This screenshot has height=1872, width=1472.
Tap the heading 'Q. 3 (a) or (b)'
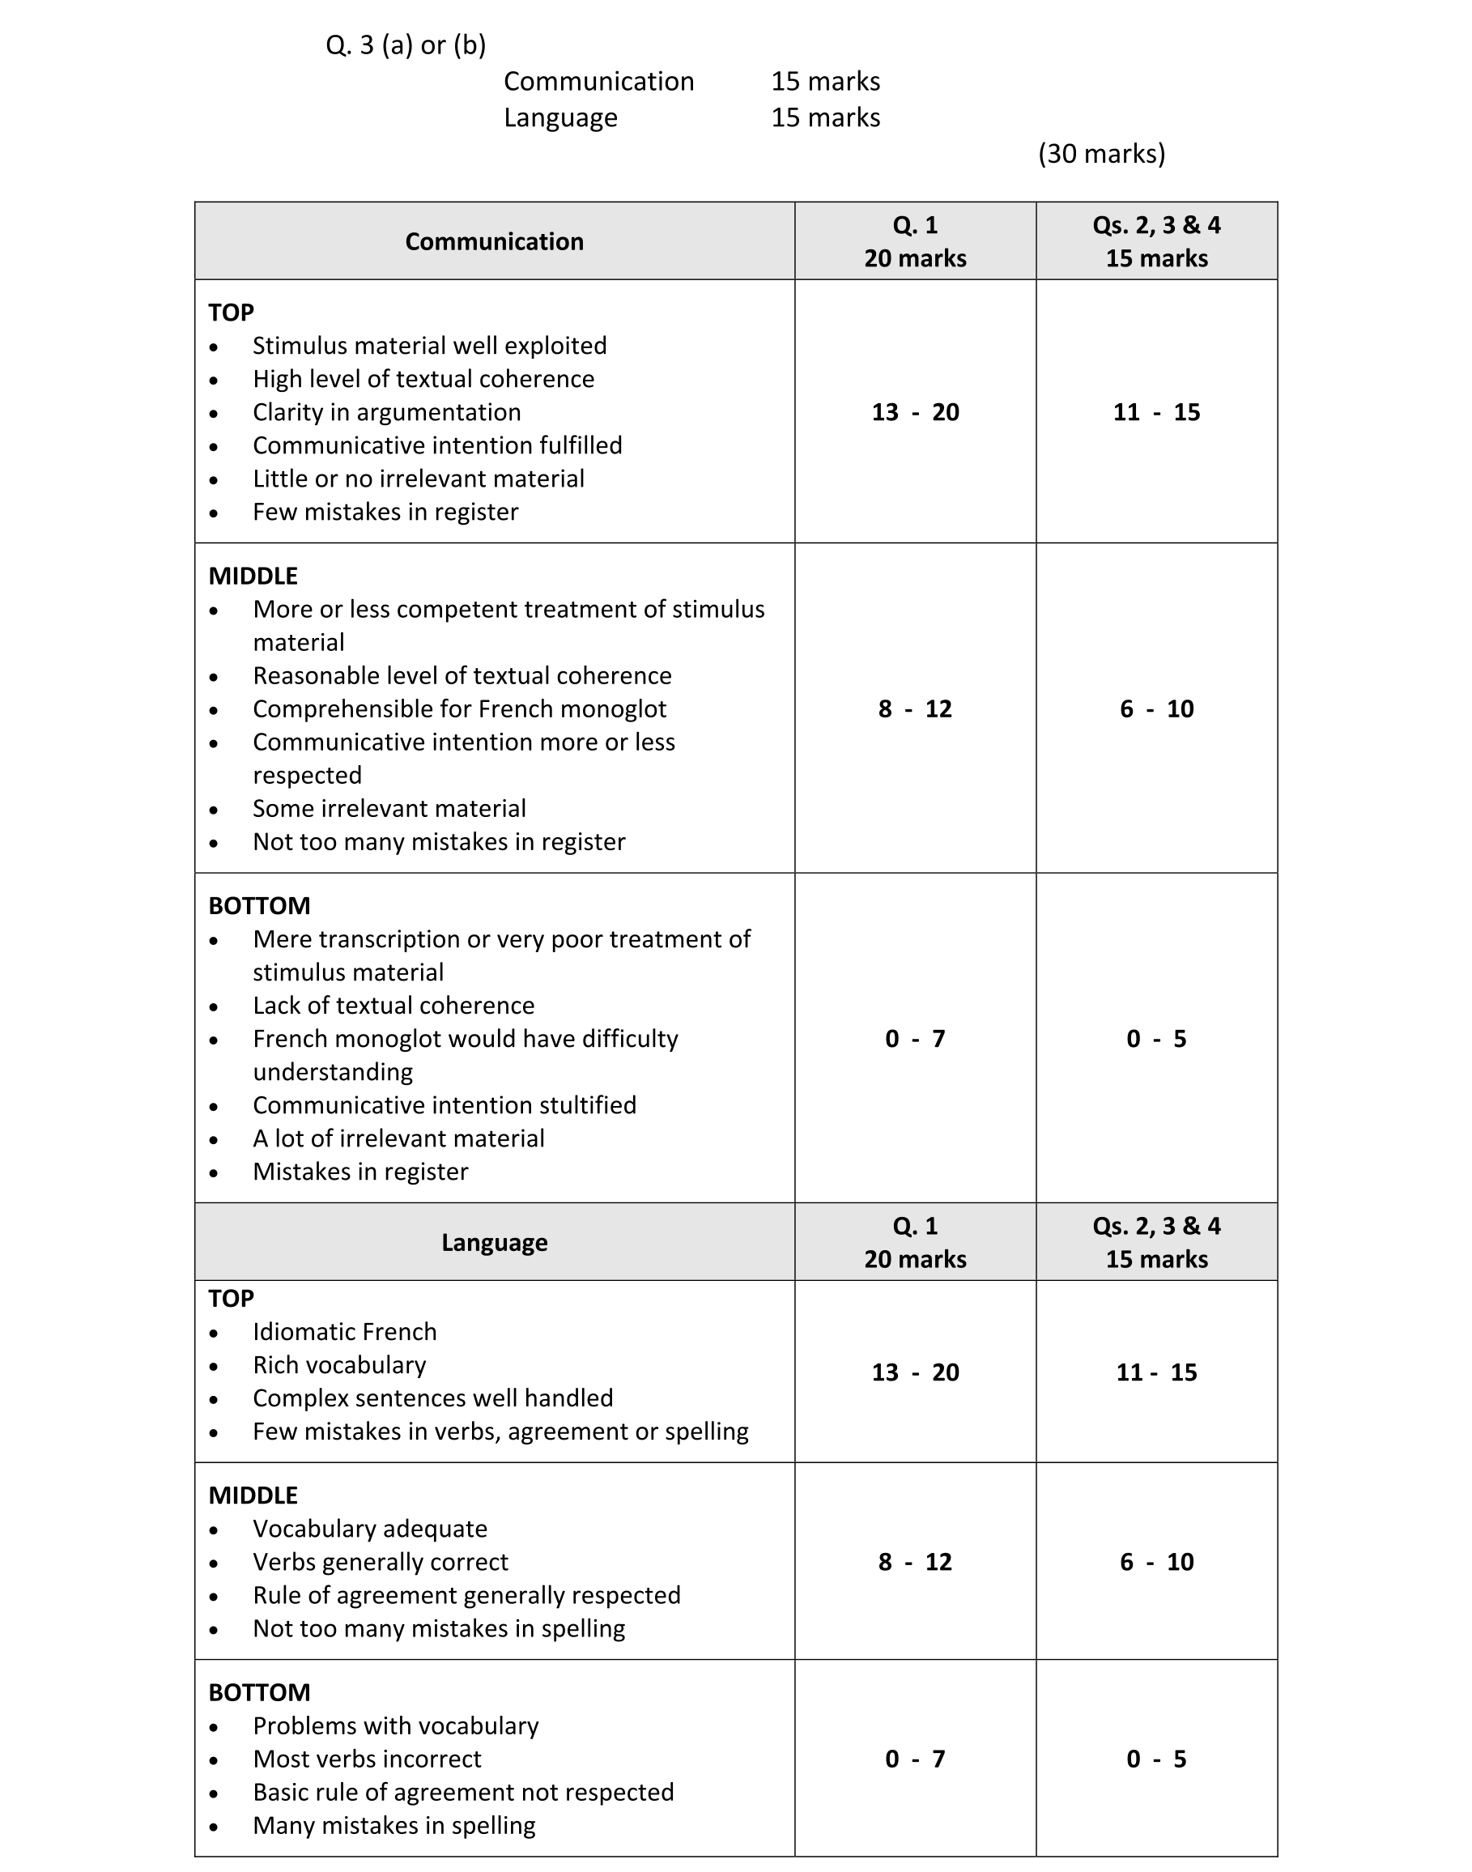(x=405, y=45)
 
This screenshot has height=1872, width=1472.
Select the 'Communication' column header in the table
(x=494, y=241)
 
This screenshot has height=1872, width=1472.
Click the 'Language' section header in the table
(x=494, y=1242)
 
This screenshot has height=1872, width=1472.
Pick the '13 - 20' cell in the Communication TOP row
(x=914, y=412)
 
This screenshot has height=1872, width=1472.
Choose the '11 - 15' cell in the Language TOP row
(x=1155, y=1372)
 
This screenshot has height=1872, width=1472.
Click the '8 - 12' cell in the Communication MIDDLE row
(x=914, y=708)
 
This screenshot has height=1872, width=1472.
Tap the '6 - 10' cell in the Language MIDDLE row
(x=1155, y=1562)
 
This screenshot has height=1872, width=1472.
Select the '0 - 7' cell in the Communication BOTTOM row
(x=914, y=1039)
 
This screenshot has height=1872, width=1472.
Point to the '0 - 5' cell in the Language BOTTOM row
(x=1155, y=1759)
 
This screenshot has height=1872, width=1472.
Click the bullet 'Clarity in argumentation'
(x=386, y=412)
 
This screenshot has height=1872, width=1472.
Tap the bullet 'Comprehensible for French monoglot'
(x=459, y=708)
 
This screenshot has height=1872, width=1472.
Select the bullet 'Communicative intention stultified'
(x=444, y=1105)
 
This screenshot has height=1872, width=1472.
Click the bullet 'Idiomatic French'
(x=344, y=1332)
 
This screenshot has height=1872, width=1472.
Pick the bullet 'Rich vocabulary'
(x=338, y=1365)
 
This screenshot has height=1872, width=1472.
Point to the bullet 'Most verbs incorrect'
(x=366, y=1759)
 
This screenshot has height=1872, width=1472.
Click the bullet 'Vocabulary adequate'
(x=370, y=1529)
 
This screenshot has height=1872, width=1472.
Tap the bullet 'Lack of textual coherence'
(x=393, y=1006)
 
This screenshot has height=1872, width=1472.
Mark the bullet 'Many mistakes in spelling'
(x=394, y=1826)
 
